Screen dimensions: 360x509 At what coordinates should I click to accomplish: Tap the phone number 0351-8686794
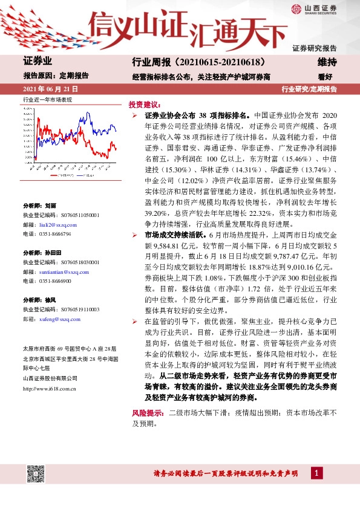[54, 249]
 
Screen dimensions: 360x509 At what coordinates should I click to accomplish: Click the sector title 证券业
[38, 62]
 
